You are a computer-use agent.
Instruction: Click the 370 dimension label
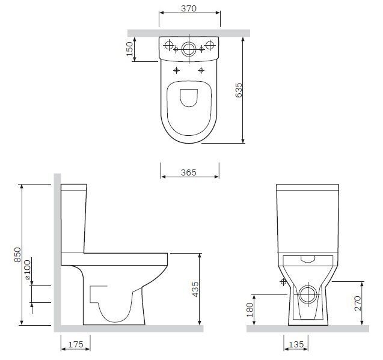pos(189,8)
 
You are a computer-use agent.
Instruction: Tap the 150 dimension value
pos(129,49)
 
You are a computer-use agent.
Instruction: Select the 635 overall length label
pos(239,90)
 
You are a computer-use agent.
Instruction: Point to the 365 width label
pos(189,172)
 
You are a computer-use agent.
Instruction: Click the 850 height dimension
pos(17,255)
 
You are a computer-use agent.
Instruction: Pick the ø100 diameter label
pos(27,269)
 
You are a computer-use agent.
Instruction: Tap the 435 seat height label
pos(195,289)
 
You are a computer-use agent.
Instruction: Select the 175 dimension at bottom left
pos(76,344)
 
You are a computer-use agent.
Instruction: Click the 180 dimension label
pos(250,310)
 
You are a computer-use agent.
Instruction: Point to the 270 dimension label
pos(357,304)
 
